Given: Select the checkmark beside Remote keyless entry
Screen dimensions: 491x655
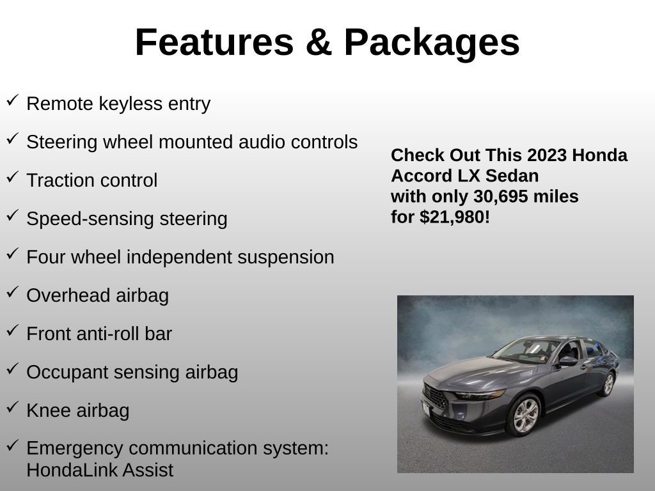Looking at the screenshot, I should (12, 100).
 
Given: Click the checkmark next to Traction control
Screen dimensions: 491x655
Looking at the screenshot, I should (12, 177).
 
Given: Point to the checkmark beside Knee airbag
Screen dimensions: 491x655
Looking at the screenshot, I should (12, 407).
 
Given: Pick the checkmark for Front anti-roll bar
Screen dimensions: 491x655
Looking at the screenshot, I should (12, 331).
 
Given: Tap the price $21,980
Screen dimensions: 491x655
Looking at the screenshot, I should (455, 217).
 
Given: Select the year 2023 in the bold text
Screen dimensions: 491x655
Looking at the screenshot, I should (548, 155).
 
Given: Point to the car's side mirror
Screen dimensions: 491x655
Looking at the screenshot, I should (567, 361).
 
